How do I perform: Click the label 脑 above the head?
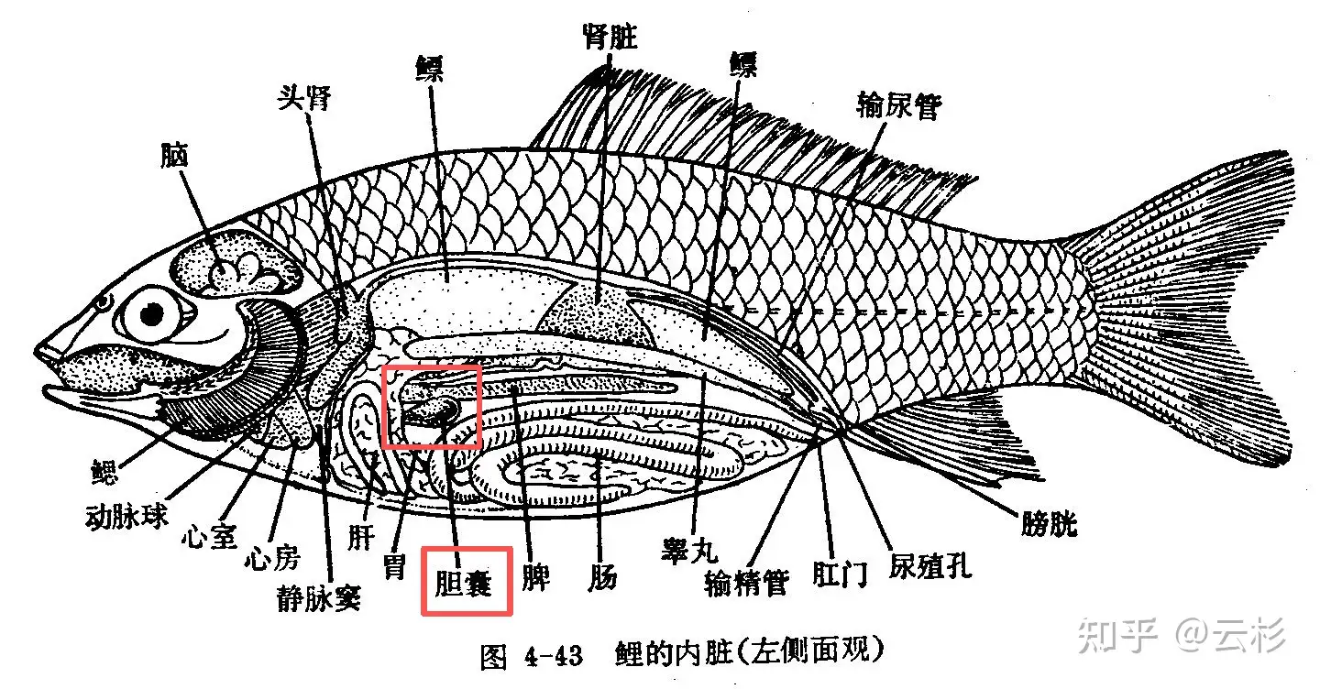pyautogui.click(x=173, y=155)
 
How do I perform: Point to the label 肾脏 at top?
pyautogui.click(x=610, y=38)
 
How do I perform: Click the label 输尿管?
pyautogui.click(x=898, y=106)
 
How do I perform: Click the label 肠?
pyautogui.click(x=602, y=577)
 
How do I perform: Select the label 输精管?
pyautogui.click(x=746, y=581)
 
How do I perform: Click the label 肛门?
pyautogui.click(x=840, y=574)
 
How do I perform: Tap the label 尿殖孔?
pyautogui.click(x=929, y=565)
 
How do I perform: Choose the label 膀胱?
pyautogui.click(x=1049, y=523)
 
